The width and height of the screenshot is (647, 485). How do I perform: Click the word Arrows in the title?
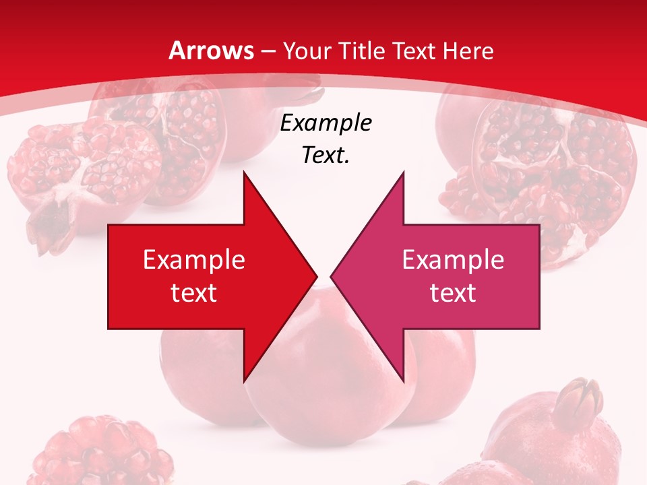(211, 51)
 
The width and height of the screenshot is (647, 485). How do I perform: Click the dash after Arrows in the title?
(268, 51)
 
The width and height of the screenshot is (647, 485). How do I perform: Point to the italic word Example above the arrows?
(326, 123)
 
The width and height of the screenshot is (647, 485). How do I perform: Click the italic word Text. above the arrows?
(326, 156)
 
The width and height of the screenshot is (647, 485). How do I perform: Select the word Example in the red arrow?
(194, 259)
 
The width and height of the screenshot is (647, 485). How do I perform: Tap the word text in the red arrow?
(194, 292)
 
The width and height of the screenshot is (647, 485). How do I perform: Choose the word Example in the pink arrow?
(453, 259)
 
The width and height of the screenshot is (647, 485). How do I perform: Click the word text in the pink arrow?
(453, 292)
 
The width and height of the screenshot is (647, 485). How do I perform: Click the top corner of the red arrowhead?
(244, 172)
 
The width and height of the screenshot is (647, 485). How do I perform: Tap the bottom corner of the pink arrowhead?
(403, 381)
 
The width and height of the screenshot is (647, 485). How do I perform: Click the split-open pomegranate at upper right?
(539, 162)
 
